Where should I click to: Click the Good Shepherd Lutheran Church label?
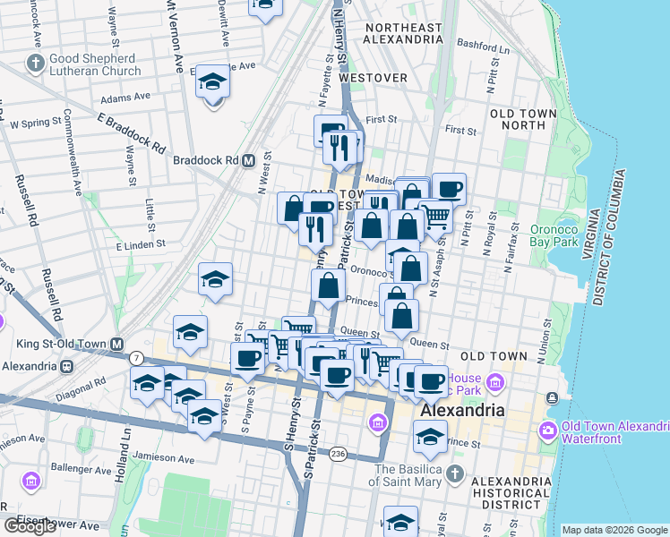pos(94,64)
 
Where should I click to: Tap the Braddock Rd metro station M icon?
pos(249,160)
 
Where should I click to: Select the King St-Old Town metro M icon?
pos(117,344)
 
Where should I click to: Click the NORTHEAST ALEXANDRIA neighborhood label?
pos(403,34)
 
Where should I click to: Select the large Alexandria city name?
pos(462,410)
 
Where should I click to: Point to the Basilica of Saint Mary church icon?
pos(455,471)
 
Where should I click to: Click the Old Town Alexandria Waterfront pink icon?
pos(546,431)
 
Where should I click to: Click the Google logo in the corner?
pos(30,526)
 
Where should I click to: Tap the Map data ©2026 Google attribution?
pos(614,530)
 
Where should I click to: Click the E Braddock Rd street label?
pos(131,132)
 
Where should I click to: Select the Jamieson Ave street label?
pos(161,459)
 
